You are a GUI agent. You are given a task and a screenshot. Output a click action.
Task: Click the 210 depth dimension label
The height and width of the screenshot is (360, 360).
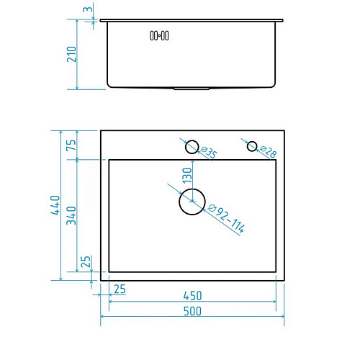[x=71, y=54]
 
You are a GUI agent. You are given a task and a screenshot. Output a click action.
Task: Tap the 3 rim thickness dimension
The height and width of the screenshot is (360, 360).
[x=88, y=9]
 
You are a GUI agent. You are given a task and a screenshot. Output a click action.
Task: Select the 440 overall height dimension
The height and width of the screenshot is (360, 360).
[x=55, y=205]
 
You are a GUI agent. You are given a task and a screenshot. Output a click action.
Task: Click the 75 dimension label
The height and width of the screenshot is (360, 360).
[x=71, y=145]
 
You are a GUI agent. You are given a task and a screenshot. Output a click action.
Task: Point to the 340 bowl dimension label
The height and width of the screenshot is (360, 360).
[x=71, y=215]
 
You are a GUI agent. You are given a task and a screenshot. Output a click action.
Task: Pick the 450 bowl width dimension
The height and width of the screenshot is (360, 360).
[x=192, y=296]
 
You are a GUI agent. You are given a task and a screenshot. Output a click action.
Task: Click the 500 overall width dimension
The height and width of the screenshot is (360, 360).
[x=192, y=311]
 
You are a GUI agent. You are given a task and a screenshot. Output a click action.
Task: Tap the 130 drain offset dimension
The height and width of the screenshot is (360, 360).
[x=187, y=176]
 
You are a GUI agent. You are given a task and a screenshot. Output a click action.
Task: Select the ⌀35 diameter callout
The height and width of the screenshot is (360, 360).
[x=209, y=153]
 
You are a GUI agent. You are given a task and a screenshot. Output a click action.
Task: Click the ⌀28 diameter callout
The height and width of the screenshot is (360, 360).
[x=268, y=152]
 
